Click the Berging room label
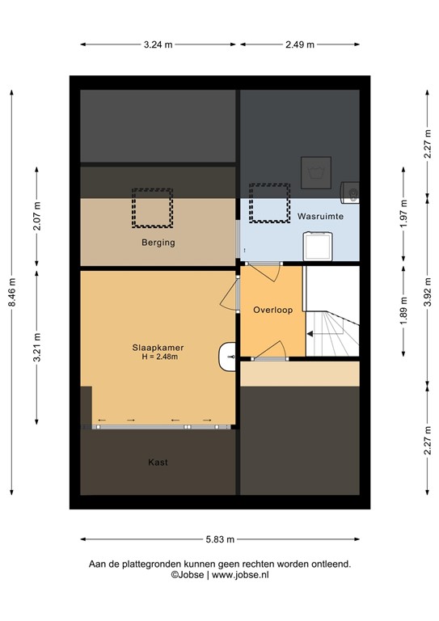point(158,242)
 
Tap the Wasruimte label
point(320,217)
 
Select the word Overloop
point(272,310)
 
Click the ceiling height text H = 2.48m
point(158,357)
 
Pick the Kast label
point(158,463)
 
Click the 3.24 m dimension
point(158,44)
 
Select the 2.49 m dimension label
point(300,44)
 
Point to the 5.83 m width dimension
point(219,539)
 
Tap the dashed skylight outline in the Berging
point(152,207)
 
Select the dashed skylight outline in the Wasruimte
point(269,203)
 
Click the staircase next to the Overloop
point(331,323)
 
